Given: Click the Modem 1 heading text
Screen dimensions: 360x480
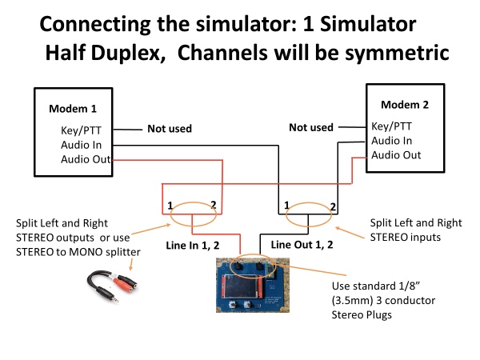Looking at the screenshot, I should click(80, 108).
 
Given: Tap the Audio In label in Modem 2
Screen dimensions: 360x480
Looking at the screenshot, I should click(393, 141).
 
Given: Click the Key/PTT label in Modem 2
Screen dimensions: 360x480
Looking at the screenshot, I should click(391, 126).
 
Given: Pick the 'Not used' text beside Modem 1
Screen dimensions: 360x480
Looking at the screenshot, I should click(170, 128).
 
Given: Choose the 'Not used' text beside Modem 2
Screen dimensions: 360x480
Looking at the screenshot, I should click(310, 126).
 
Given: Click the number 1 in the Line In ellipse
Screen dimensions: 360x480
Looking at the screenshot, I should click(170, 206).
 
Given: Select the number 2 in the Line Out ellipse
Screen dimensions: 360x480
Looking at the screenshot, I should click(333, 207).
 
